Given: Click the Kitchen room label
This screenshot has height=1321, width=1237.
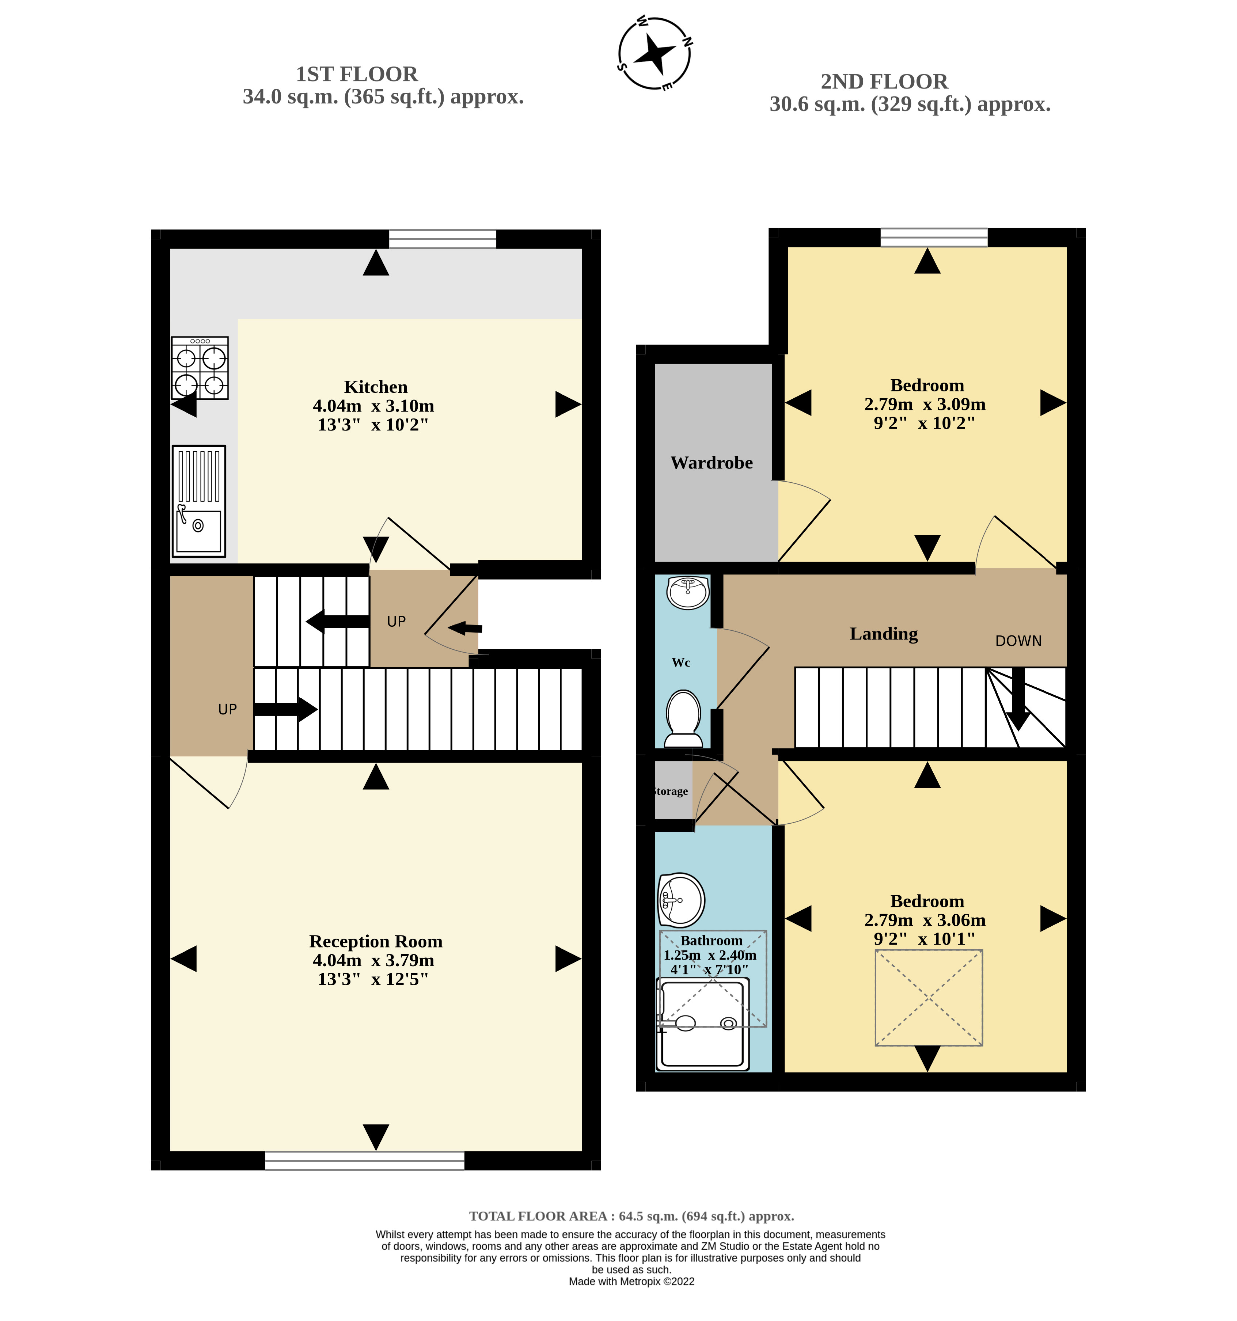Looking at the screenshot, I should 375,387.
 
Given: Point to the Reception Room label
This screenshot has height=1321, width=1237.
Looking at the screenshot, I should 375,942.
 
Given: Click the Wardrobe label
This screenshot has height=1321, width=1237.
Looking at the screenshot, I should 712,463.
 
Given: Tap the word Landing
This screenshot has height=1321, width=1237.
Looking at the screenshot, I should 884,634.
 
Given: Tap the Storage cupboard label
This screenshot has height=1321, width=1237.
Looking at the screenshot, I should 671,792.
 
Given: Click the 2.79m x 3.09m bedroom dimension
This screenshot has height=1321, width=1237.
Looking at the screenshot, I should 924,404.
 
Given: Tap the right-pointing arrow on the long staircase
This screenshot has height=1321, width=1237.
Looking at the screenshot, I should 286,709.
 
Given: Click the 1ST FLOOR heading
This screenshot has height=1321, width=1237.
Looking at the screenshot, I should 357,74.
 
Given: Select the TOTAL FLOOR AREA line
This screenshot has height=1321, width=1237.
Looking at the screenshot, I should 631,1216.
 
